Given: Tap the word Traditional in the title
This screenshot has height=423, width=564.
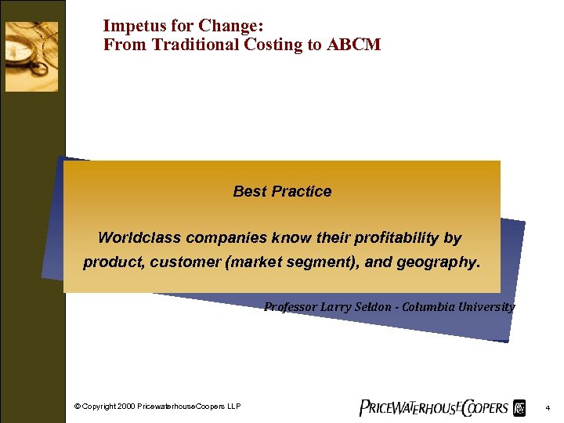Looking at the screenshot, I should point(190,45).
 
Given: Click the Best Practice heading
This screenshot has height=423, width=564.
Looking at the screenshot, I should point(282,191).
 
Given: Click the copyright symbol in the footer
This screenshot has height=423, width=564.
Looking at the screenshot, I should point(78,406).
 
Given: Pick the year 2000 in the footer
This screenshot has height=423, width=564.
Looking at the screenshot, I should point(124,406).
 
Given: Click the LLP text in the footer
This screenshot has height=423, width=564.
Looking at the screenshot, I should point(233,406).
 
